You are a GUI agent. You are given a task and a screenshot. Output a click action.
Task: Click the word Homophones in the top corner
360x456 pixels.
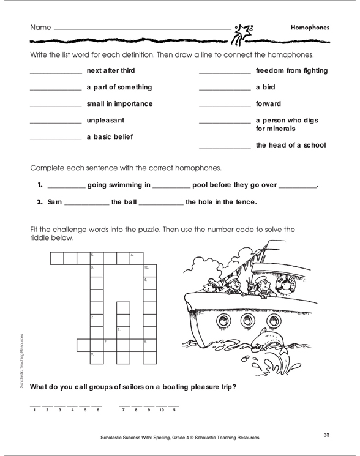(x=309, y=28)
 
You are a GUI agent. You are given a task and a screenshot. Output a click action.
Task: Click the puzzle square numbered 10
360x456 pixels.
(x=149, y=271)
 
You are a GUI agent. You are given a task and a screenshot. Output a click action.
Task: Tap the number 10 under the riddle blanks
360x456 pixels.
(x=161, y=409)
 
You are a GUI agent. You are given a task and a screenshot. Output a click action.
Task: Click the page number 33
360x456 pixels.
(x=327, y=435)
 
